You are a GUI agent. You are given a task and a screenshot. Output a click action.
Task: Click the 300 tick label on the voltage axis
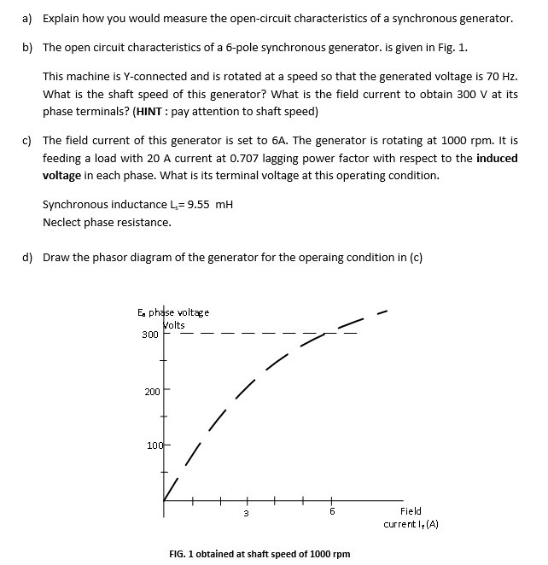[150, 335]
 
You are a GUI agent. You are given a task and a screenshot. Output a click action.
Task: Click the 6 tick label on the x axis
[332, 512]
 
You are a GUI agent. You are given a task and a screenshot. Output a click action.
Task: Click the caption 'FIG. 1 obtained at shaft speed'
[259, 554]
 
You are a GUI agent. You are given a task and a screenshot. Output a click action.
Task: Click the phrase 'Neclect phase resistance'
[107, 222]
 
